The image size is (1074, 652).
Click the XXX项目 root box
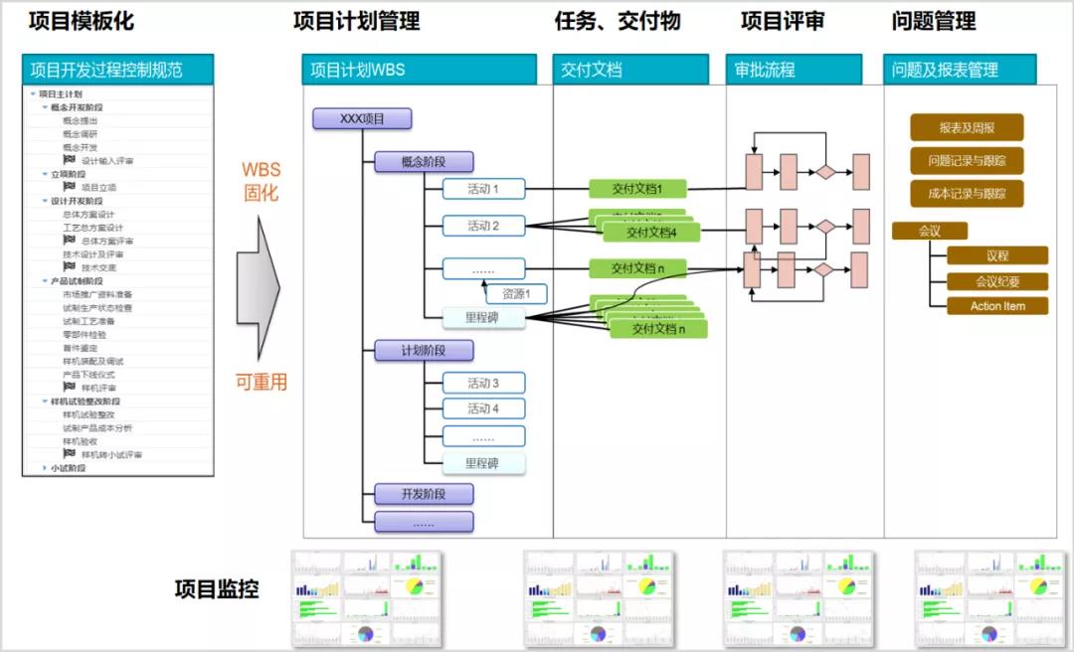(362, 119)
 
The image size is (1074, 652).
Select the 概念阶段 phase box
(424, 162)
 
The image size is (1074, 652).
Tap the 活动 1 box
(483, 189)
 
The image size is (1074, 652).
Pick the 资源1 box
(516, 294)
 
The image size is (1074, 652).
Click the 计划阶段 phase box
(424, 350)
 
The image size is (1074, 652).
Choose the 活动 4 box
(483, 408)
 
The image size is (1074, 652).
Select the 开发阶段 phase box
(424, 494)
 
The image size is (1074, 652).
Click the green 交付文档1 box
(637, 189)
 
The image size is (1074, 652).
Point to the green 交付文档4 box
(651, 233)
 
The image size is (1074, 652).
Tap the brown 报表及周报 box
(967, 127)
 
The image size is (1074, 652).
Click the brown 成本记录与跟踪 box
(967, 194)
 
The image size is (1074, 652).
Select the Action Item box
(996, 306)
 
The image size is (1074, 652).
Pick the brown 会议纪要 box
(996, 281)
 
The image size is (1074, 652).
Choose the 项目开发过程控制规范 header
(117, 70)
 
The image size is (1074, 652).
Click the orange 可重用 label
(262, 382)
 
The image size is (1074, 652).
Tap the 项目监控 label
(217, 589)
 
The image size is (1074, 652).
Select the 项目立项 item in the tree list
(98, 187)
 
